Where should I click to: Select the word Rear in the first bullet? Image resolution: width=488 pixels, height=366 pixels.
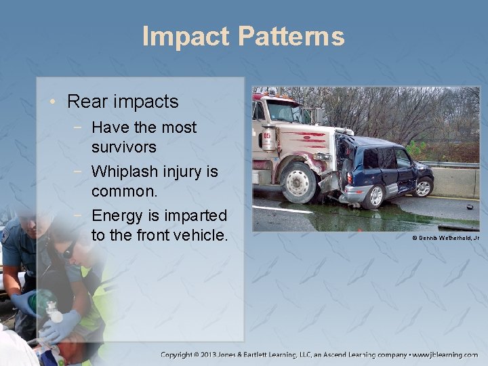pyautogui.click(x=86, y=102)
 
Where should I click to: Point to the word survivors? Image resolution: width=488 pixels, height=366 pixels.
pyautogui.click(x=124, y=147)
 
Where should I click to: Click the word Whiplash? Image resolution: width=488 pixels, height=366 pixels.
pyautogui.click(x=129, y=171)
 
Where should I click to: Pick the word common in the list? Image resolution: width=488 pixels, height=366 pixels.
pyautogui.click(x=123, y=191)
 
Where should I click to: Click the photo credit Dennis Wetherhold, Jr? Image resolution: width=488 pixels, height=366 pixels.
pyautogui.click(x=445, y=238)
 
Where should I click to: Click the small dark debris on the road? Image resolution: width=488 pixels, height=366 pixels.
pyautogui.click(x=469, y=207)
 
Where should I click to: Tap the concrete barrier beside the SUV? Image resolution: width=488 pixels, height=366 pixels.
pyautogui.click(x=454, y=182)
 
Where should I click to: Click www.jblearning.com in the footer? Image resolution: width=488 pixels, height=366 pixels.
pyautogui.click(x=444, y=354)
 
